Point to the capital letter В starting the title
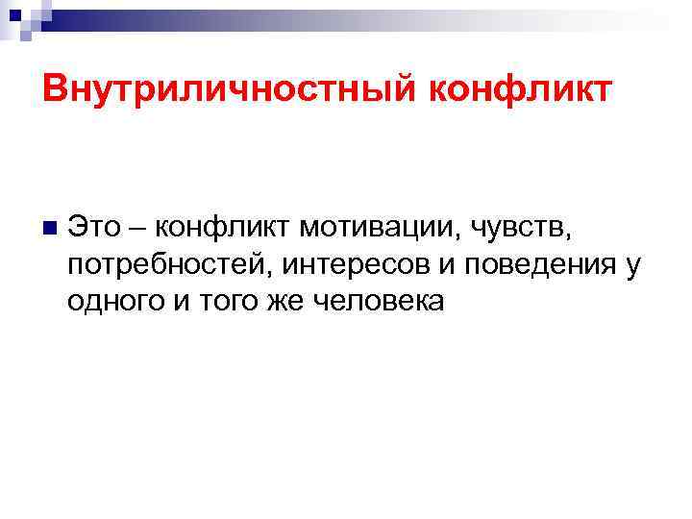click(x=55, y=91)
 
